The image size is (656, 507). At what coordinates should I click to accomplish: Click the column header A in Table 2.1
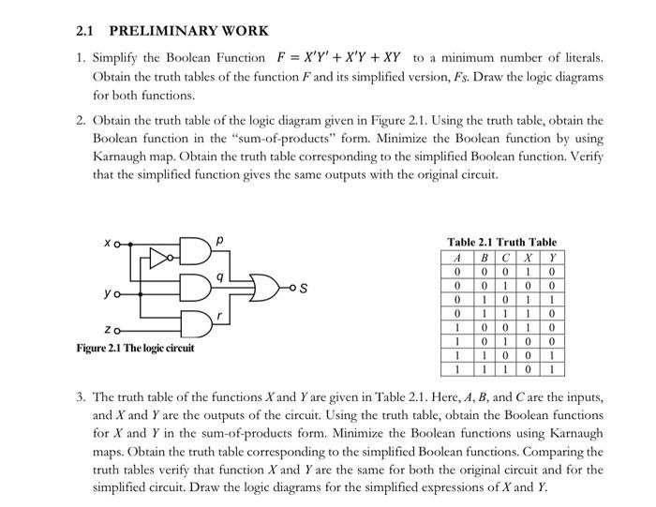tap(455, 257)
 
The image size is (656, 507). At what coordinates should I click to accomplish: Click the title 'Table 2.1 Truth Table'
tap(501, 242)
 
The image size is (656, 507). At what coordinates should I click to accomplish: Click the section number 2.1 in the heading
tap(86, 30)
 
